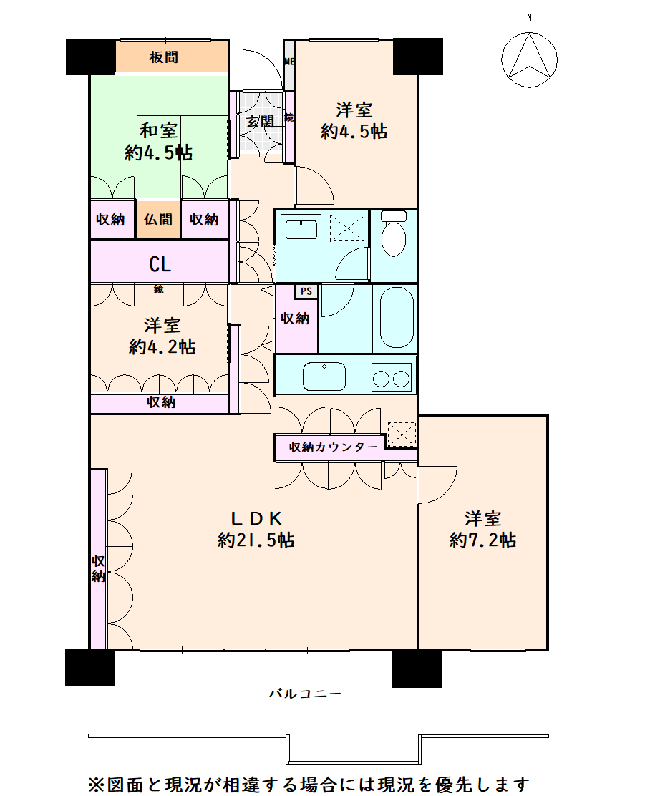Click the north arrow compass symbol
coord(529,59)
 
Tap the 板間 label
coord(163,57)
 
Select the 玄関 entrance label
coord(261,121)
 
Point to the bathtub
coord(397,318)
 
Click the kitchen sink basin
coord(324,377)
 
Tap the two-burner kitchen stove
coord(391,377)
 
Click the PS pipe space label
coord(306,291)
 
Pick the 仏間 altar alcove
coord(158,219)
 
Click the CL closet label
coord(160,264)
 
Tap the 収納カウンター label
coord(333,447)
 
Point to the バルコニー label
coord(305,693)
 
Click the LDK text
coord(256,518)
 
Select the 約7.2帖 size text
coord(482,540)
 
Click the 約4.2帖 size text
coord(162,346)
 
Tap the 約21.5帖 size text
coord(256,540)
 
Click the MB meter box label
coord(289,62)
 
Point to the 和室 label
coord(158,130)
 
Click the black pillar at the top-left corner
coord(90,57)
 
